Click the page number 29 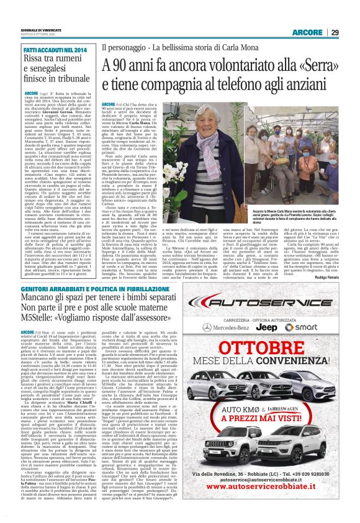click(335, 32)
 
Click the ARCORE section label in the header click(308, 32)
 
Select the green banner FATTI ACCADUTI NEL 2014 click(56, 49)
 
